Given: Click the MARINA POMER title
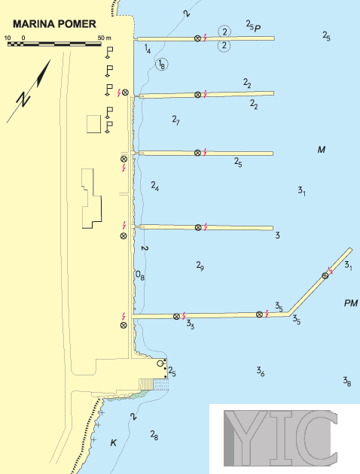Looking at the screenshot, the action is (54, 24).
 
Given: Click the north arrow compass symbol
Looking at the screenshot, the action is (29, 91).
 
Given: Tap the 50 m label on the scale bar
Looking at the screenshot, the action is (105, 38).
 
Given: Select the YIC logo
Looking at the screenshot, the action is (280, 438).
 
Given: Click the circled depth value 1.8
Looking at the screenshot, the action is (162, 65).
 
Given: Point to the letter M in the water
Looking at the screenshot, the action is (322, 149).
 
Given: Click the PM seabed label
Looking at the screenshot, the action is (351, 303).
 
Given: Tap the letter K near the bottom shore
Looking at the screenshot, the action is (114, 443).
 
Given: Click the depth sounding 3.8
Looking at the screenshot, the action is (347, 381).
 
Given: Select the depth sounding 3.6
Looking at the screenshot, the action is (261, 371).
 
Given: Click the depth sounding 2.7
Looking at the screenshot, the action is (175, 120).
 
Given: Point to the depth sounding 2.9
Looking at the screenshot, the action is (200, 266).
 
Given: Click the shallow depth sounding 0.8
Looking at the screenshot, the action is (140, 275).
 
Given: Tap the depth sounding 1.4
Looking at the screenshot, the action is (148, 49).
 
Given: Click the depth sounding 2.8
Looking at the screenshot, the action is (154, 435).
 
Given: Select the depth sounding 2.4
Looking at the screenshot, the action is (155, 186).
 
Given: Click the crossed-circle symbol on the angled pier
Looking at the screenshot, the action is (325, 275).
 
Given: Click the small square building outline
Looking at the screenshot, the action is (94, 124).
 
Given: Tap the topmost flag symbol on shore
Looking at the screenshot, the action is (108, 53).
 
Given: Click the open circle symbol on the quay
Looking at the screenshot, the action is (160, 363).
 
